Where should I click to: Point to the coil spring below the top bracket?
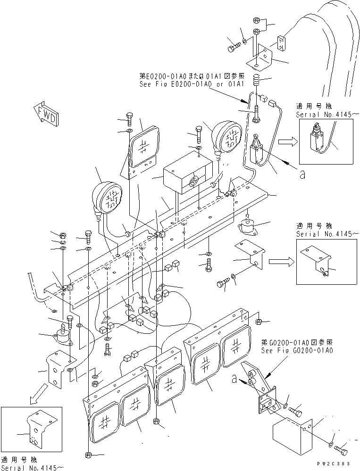[x=257, y=80]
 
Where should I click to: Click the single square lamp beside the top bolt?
[x=144, y=148]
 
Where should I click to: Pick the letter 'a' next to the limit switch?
[x=302, y=175]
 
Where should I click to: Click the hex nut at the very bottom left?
[x=89, y=455]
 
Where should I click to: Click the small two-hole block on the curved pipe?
[x=281, y=43]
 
